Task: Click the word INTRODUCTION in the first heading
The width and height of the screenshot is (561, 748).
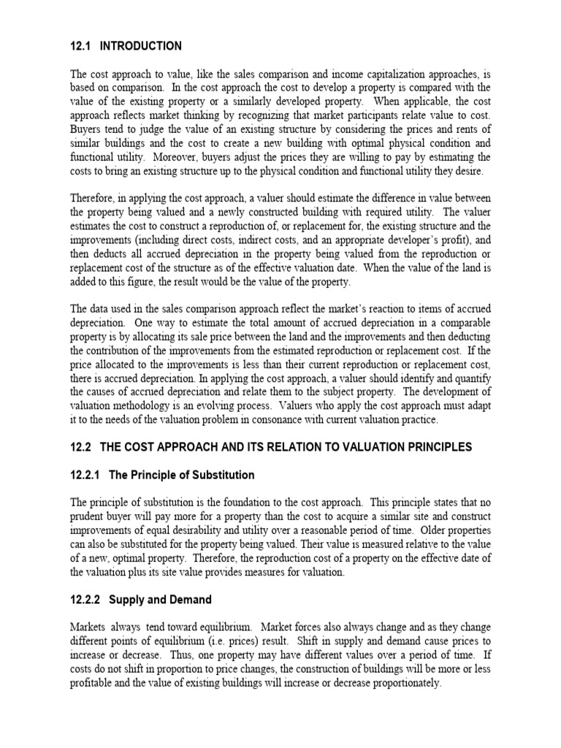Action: click(x=141, y=46)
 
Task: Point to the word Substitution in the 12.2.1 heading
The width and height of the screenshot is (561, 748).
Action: click(x=222, y=475)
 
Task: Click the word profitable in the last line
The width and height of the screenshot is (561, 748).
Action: click(x=93, y=684)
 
